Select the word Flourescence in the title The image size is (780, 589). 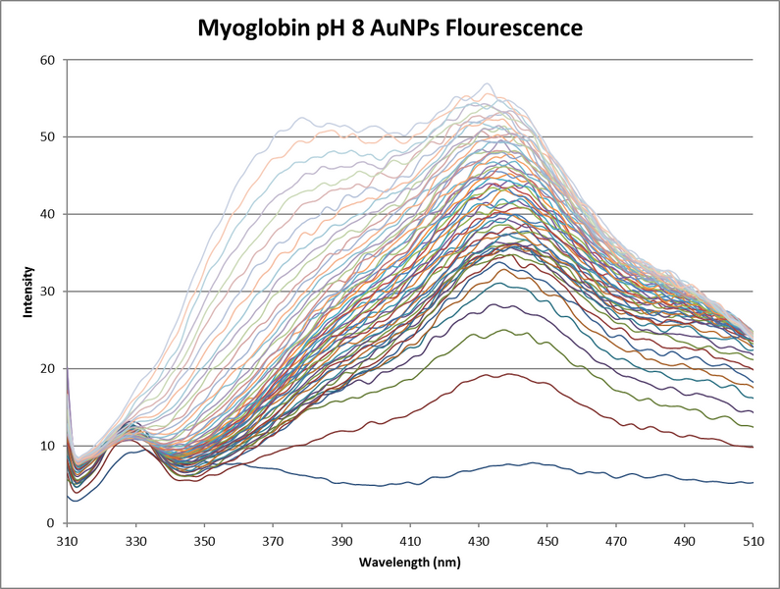point(518,29)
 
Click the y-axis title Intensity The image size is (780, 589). point(30,292)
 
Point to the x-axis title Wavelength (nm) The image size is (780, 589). point(411,563)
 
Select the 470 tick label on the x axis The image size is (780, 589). point(616,541)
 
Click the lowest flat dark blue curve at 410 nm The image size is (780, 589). point(411,483)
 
